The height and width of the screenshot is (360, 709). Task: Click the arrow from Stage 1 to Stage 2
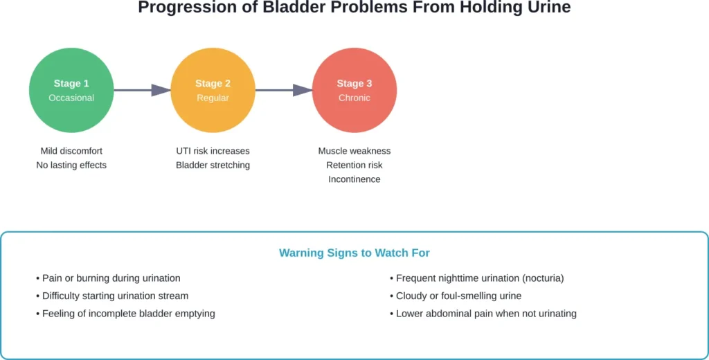tap(142, 90)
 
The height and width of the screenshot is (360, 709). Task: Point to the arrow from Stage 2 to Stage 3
tap(284, 90)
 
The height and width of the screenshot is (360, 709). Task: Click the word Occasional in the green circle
tap(71, 98)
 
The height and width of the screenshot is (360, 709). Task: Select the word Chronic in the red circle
tap(354, 98)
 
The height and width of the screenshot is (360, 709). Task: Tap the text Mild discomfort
tap(71, 151)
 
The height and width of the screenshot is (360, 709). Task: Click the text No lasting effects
tap(71, 165)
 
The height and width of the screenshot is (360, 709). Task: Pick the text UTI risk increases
tap(213, 151)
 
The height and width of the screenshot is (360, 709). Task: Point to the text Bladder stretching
tap(213, 165)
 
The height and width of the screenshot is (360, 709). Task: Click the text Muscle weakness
tap(354, 151)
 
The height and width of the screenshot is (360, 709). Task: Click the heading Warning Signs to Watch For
tap(354, 253)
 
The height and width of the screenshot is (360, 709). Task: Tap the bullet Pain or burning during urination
tap(111, 278)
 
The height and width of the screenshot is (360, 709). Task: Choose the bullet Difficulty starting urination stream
tap(115, 296)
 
